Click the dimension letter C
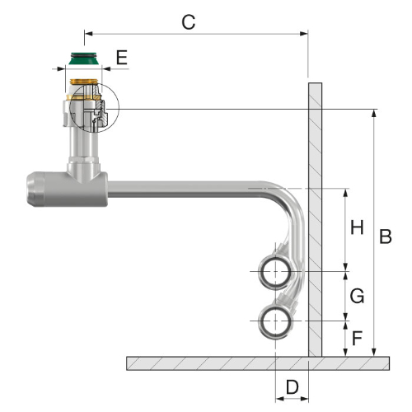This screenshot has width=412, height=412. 189,22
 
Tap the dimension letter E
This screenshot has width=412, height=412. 122,58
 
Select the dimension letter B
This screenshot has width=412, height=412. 386,236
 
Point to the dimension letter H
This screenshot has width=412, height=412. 357,227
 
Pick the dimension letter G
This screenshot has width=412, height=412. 357,296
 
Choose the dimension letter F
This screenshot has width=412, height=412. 357,338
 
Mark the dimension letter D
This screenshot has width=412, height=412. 292,387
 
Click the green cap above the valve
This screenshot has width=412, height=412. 83,59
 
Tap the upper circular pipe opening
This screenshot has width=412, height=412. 275,272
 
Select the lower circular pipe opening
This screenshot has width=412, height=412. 275,321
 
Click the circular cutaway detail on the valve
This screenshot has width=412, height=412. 94,83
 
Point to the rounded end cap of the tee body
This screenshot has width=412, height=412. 35,190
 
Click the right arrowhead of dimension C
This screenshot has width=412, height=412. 304,34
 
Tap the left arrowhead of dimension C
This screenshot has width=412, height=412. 88,34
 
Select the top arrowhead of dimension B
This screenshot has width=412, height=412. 373,113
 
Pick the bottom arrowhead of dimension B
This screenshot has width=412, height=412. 373,353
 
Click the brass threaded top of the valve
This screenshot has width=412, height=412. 84,82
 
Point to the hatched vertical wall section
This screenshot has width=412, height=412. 315,220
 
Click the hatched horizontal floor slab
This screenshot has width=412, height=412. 258,363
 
